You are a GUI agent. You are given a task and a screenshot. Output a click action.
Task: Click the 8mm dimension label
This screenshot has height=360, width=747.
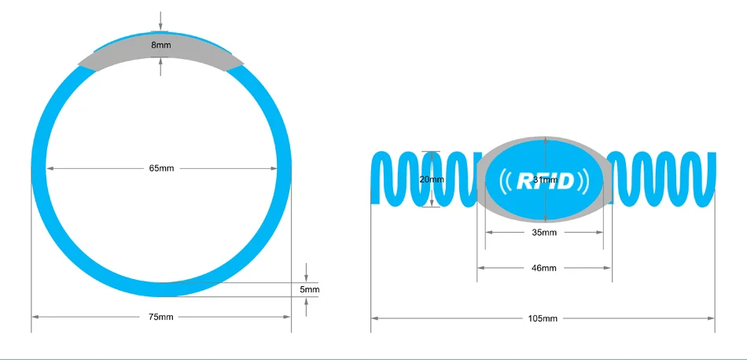coord(161,46)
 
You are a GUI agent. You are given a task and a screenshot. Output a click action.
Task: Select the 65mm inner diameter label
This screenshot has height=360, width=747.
coord(161,168)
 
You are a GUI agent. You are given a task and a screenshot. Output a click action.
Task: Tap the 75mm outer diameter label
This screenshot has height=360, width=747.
coord(161,317)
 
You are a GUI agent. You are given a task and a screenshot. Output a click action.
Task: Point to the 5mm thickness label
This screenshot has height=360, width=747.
coord(310,289)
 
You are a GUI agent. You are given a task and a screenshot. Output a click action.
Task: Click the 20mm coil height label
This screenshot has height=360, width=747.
coord(432,179)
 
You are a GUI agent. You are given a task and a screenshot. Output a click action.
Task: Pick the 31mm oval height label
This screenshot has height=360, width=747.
coord(546,179)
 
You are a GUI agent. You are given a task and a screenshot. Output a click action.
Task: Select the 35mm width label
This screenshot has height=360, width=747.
coord(544,233)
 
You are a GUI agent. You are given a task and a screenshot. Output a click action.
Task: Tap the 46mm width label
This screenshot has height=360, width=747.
coord(544,268)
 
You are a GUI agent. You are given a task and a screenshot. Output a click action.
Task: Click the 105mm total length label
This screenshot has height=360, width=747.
coord(543,318)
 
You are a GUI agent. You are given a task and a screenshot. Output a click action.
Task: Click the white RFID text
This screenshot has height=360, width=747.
coord(545,181)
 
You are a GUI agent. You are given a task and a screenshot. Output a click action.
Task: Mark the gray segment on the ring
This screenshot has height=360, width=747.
coord(161,53)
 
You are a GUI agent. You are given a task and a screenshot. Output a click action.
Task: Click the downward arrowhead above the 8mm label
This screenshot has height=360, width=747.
coord(161,29)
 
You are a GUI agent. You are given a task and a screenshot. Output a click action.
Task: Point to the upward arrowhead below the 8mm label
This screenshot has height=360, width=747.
coord(161,61)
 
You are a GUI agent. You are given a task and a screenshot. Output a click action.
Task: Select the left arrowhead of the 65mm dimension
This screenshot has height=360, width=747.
coord(49,168)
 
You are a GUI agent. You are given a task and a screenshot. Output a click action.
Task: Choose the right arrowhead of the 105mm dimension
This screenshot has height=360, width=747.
coord(712,318)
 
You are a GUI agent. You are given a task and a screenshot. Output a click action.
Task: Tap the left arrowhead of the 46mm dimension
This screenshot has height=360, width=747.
coord(480,268)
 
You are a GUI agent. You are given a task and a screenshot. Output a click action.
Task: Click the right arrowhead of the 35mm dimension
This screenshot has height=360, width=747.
coord(600,233)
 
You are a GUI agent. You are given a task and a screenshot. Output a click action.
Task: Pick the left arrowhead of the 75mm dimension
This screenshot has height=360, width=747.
coord(35,317)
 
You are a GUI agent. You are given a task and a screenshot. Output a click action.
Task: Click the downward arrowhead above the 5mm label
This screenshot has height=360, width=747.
coord(307,278)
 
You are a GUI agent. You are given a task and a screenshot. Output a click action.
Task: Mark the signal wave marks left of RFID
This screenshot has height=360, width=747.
coord(505,181)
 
